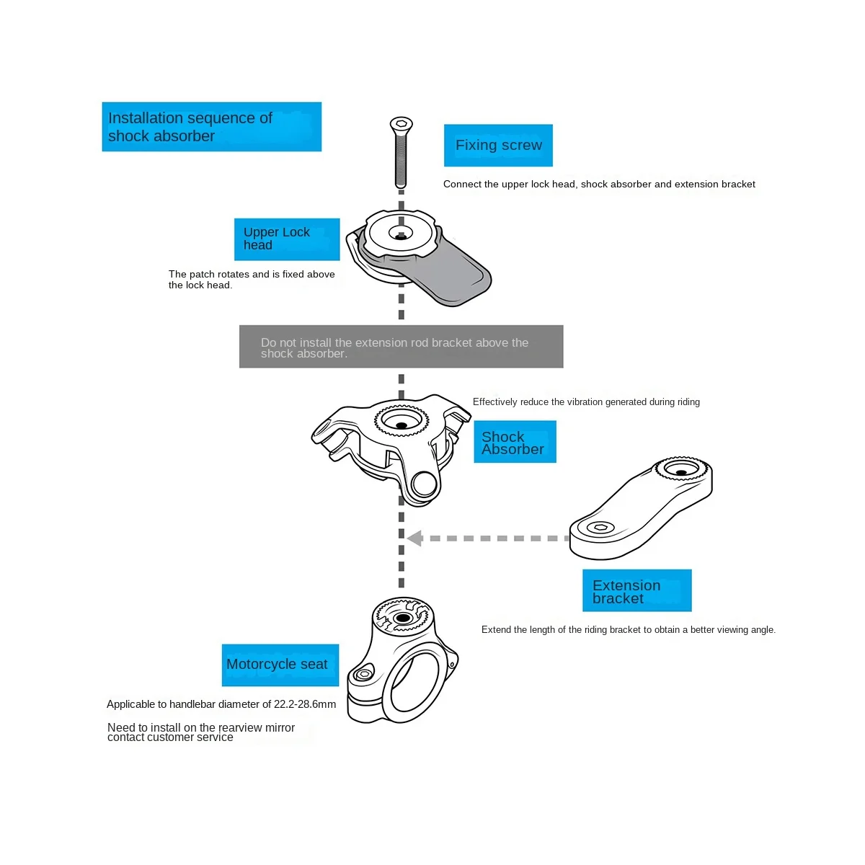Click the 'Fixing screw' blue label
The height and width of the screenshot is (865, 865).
point(498,146)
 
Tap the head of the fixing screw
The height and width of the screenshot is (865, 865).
point(400,124)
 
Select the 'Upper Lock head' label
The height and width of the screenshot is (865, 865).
point(286,239)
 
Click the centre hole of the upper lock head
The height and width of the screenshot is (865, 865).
point(401,234)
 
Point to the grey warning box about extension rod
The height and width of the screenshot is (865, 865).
point(401,347)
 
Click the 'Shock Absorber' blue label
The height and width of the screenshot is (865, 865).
point(514,443)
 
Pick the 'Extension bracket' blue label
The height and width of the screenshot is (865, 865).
point(636,591)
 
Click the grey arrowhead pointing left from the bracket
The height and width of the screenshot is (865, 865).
point(414,538)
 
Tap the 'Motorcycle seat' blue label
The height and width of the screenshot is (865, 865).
point(280,665)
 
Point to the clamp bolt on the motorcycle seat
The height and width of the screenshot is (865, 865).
point(365,675)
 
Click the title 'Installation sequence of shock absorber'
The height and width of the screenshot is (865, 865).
point(211,127)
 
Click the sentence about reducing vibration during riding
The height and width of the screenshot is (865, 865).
point(586,402)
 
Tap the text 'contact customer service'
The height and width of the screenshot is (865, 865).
point(170,737)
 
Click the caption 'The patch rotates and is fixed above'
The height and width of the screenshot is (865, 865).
point(252,274)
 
